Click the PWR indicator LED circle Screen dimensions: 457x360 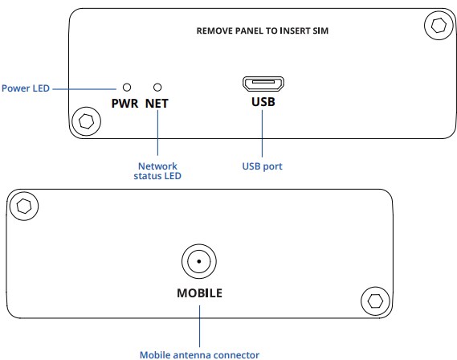pyautogui.click(x=127, y=87)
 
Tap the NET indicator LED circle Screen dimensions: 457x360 pyautogui.click(x=157, y=87)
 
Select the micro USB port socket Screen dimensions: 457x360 pyautogui.click(x=263, y=84)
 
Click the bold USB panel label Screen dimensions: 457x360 pyautogui.click(x=263, y=102)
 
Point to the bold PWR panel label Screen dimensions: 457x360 pyautogui.click(x=124, y=104)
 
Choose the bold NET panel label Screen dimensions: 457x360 pyautogui.click(x=157, y=104)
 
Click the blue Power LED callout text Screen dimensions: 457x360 pyautogui.click(x=26, y=88)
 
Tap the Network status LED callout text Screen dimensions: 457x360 pyautogui.click(x=157, y=171)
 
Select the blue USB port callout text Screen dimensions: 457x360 pyautogui.click(x=263, y=166)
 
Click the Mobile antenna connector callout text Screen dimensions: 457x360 pyautogui.click(x=200, y=355)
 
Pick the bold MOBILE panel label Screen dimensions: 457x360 pyautogui.click(x=200, y=293)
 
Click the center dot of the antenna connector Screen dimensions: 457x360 pyautogui.click(x=199, y=261)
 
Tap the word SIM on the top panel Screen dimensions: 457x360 pyautogui.click(x=320, y=31)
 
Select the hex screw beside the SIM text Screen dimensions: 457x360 pyautogui.click(x=439, y=26)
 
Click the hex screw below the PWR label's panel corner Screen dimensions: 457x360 pyautogui.click(x=87, y=121)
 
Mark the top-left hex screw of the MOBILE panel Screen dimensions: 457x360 pyautogui.click(x=24, y=206)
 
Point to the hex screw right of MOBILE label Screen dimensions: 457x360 pyautogui.click(x=375, y=301)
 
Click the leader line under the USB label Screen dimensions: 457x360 pyautogui.click(x=262, y=133)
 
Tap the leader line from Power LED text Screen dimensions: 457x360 pyautogui.click(x=84, y=89)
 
